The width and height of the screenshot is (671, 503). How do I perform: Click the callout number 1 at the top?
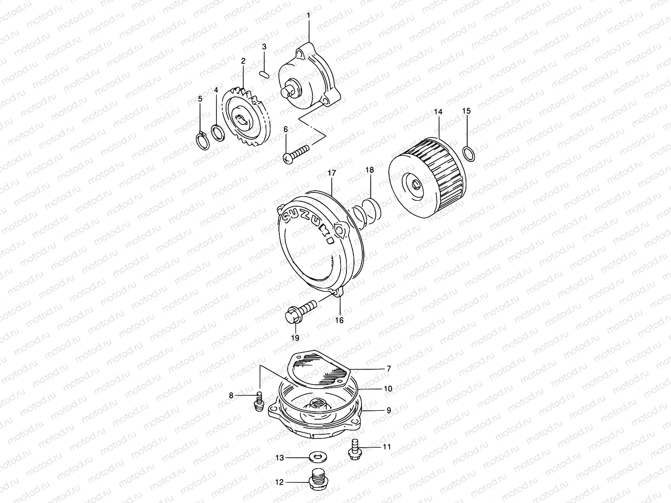[x=309, y=16]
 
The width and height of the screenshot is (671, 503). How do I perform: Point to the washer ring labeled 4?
[x=217, y=133]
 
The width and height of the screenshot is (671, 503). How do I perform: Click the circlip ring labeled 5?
[x=203, y=141]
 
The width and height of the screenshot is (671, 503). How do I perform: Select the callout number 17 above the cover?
[x=332, y=173]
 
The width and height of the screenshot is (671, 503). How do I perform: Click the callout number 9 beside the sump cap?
[x=388, y=410]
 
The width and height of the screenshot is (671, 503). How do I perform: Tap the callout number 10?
[x=388, y=389]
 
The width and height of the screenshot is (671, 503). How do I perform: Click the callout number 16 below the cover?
[x=339, y=320]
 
